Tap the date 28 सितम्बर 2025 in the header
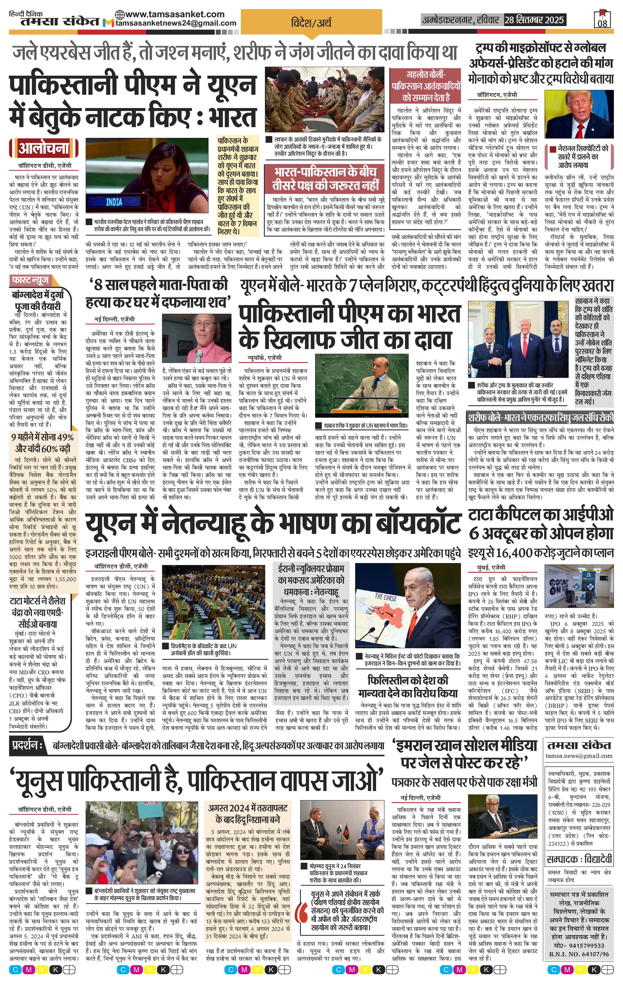(534, 20)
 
